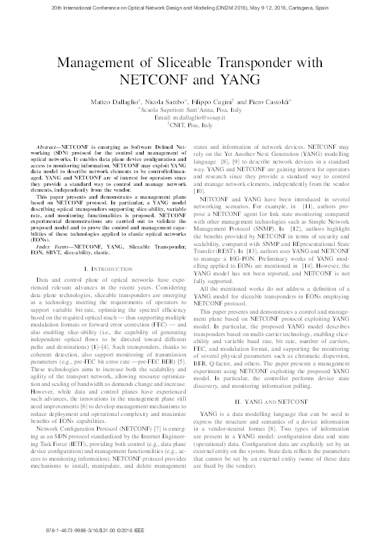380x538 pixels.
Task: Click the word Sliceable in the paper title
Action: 202,63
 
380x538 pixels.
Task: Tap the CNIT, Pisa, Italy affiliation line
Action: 190,126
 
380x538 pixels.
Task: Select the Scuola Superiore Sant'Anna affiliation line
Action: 190,110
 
